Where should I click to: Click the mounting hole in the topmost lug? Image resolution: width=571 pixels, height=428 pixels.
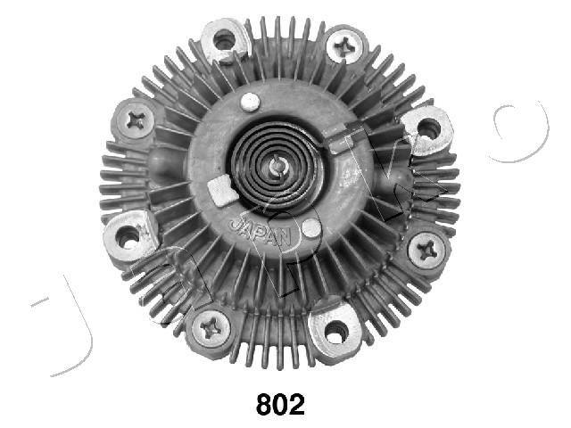click(x=223, y=39)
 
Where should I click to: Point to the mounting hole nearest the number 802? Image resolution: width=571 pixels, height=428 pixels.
click(x=336, y=332)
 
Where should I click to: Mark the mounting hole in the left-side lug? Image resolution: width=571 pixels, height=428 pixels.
click(x=128, y=236)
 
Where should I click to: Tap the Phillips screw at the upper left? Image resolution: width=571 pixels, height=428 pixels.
click(x=136, y=120)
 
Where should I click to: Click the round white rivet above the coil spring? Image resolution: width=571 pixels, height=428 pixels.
click(x=252, y=102)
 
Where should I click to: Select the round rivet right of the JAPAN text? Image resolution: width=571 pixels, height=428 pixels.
click(x=310, y=228)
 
